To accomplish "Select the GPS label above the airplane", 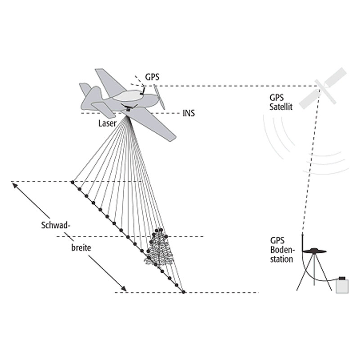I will click(153, 77).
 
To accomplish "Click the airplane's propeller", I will click(160, 97).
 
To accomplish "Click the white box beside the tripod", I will click(342, 285).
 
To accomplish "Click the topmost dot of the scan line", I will click(72, 182).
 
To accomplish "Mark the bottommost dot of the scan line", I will click(183, 292).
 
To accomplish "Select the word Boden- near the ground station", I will click(281, 250).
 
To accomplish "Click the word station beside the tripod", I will click(282, 259).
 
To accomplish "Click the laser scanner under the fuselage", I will click(128, 108).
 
